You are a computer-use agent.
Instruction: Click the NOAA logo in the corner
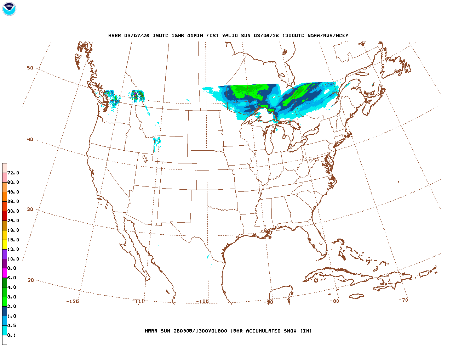(9, 9)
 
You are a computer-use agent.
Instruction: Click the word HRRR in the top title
(115, 35)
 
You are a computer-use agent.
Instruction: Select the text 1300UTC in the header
(293, 35)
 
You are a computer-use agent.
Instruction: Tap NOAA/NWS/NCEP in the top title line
(328, 35)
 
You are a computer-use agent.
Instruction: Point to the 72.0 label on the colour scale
(13, 173)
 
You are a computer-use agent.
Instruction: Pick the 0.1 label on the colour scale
(12, 335)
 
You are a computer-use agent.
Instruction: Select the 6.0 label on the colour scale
(12, 278)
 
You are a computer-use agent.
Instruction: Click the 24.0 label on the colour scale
(13, 220)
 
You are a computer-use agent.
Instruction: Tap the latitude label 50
(30, 68)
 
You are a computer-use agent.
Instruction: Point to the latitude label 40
(30, 139)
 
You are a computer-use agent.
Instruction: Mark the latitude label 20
(31, 280)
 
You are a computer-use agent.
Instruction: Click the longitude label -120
(72, 301)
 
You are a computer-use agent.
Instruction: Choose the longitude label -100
(202, 301)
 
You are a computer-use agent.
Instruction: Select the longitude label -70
(403, 300)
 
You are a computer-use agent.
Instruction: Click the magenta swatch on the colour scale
(5, 273)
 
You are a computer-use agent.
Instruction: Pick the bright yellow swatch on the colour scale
(5, 244)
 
